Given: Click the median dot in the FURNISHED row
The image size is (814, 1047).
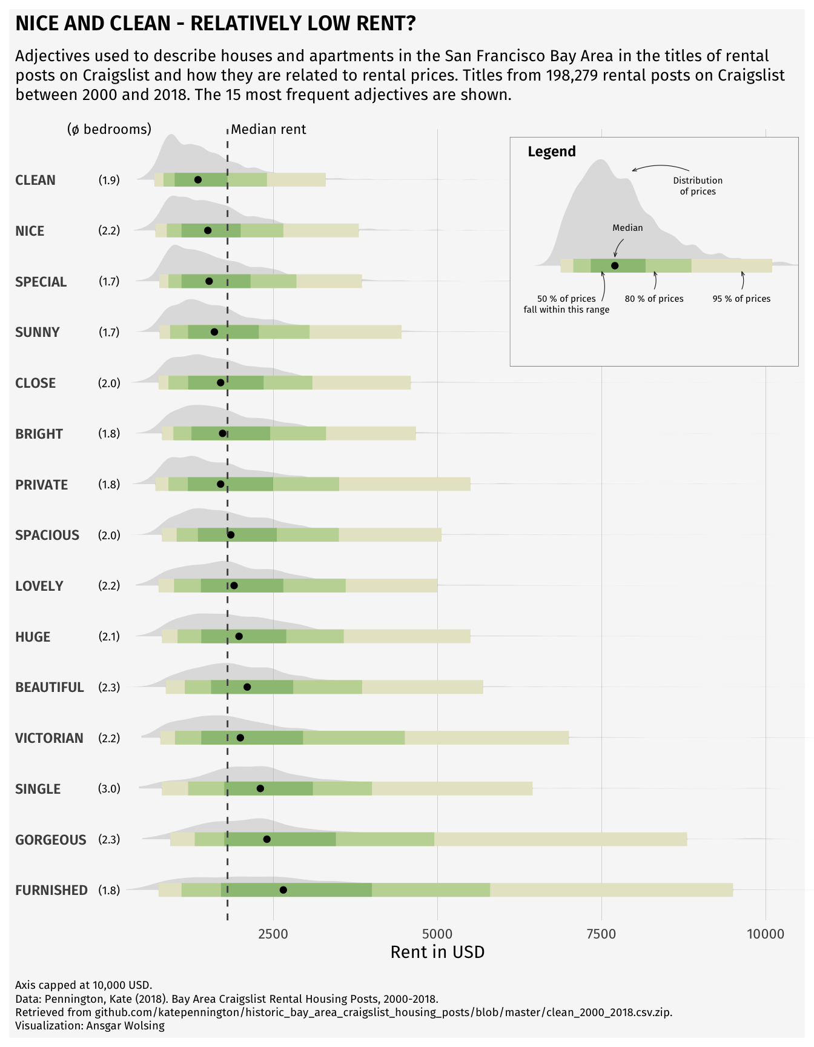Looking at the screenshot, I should click(283, 889).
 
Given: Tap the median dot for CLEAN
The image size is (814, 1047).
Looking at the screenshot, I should click(197, 180).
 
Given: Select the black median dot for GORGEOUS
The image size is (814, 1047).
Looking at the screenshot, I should click(266, 839).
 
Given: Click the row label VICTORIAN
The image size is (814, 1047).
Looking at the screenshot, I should click(49, 738).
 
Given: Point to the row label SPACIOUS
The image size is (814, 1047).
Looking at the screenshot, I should click(47, 535).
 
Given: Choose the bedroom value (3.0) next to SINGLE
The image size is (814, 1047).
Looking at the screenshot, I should click(109, 788).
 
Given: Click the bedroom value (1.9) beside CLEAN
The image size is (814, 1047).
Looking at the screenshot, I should click(109, 180).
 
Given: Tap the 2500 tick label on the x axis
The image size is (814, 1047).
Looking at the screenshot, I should click(273, 934).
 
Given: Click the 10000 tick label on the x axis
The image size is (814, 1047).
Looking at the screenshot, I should click(766, 934).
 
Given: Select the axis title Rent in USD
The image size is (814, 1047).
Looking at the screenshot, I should click(437, 952).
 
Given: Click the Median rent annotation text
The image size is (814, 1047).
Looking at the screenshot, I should click(268, 129).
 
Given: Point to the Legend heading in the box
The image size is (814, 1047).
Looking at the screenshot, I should click(552, 151).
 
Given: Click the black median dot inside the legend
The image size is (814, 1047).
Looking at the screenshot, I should click(615, 265).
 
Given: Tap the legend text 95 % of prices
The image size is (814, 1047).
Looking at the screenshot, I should click(741, 299).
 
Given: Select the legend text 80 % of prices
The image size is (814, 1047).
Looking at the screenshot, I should click(654, 299).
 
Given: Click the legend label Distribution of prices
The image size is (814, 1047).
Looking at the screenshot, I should click(698, 186).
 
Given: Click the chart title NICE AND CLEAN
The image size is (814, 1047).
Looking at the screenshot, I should click(215, 24).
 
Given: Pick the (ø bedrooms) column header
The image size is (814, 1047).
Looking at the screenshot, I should click(109, 129).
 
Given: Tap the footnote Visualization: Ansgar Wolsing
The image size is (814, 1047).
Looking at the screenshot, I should click(90, 1026).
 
